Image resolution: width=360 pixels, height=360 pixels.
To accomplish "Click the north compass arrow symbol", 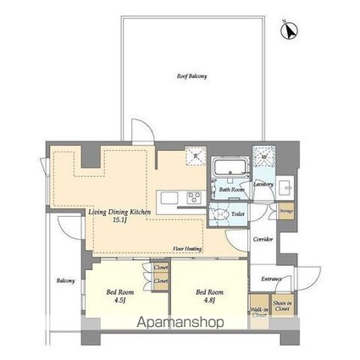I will coord(288,30).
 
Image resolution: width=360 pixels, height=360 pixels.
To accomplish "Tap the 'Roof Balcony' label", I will coord(191,76).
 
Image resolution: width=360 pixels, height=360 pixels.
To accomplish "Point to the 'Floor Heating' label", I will coord(186,248).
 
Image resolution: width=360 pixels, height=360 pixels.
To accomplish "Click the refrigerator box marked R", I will coord(196,156).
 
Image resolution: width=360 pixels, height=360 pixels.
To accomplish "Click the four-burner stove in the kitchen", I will coord(194,199).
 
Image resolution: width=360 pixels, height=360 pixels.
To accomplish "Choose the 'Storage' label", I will coord(286,211).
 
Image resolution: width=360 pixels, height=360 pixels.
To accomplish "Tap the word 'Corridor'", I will coord(263,240).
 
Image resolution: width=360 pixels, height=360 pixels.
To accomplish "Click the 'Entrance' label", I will coord(270,279).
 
